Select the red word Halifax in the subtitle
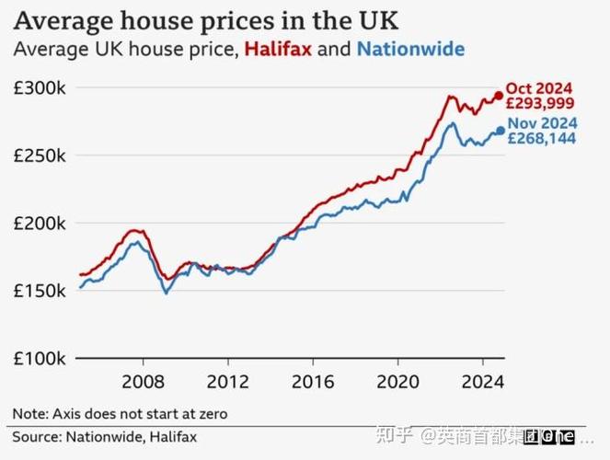pos(278,49)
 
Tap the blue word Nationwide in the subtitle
pos(410,49)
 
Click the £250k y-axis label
pos(39,155)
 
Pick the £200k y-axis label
pos(39,224)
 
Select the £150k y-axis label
pos(39,291)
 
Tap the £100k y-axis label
pos(39,358)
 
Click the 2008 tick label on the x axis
pos(143,381)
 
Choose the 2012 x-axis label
pos(228,381)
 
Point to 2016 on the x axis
pos(313,381)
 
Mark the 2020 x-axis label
pos(397,381)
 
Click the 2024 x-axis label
pos(482,381)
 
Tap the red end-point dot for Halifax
pos(499,96)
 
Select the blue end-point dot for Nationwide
pos(501,131)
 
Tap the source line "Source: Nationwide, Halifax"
pos(104,436)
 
